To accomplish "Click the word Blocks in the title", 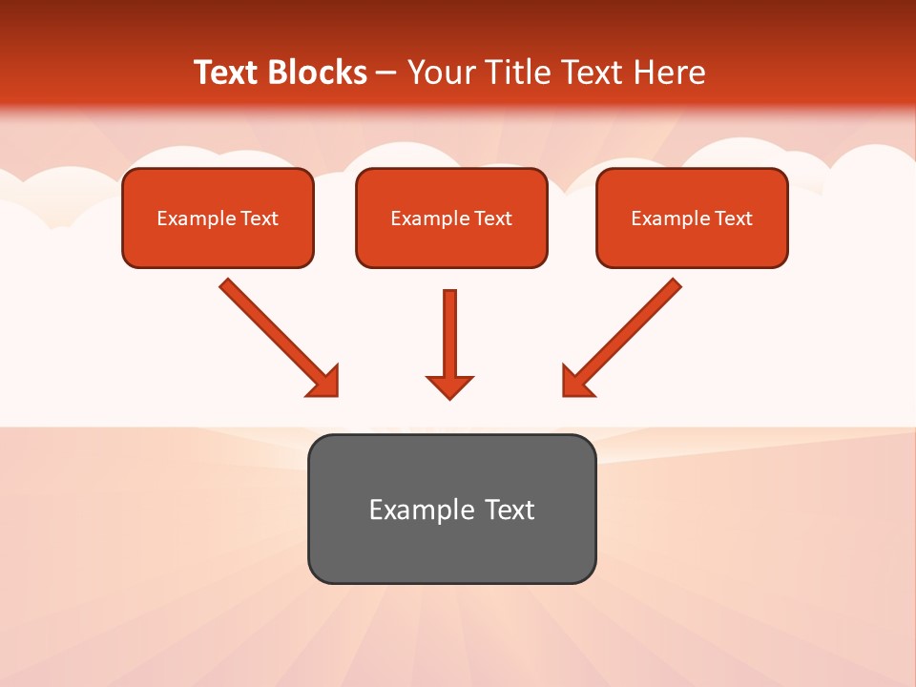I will [320, 73].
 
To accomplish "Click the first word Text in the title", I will [227, 73].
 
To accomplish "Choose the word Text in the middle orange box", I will [492, 219].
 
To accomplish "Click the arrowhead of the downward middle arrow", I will [449, 385].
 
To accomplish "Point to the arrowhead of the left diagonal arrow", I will [324, 382].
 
